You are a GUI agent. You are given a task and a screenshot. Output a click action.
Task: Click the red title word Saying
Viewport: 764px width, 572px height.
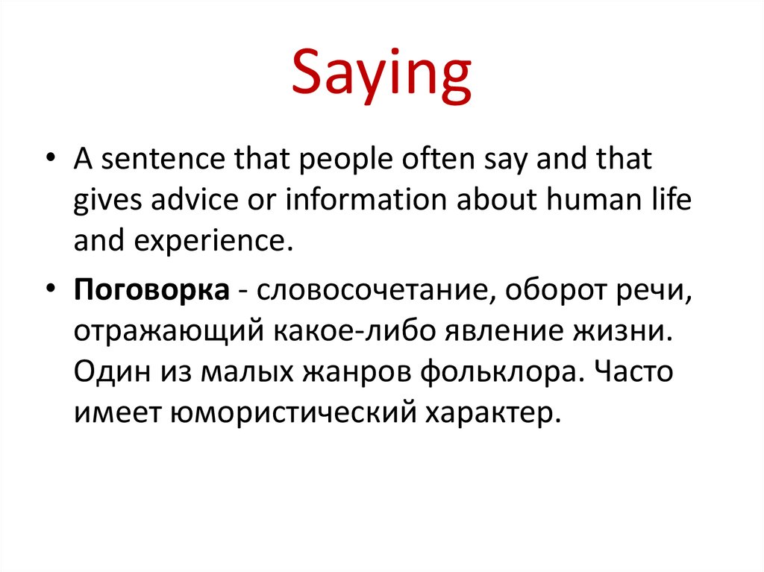381,77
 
